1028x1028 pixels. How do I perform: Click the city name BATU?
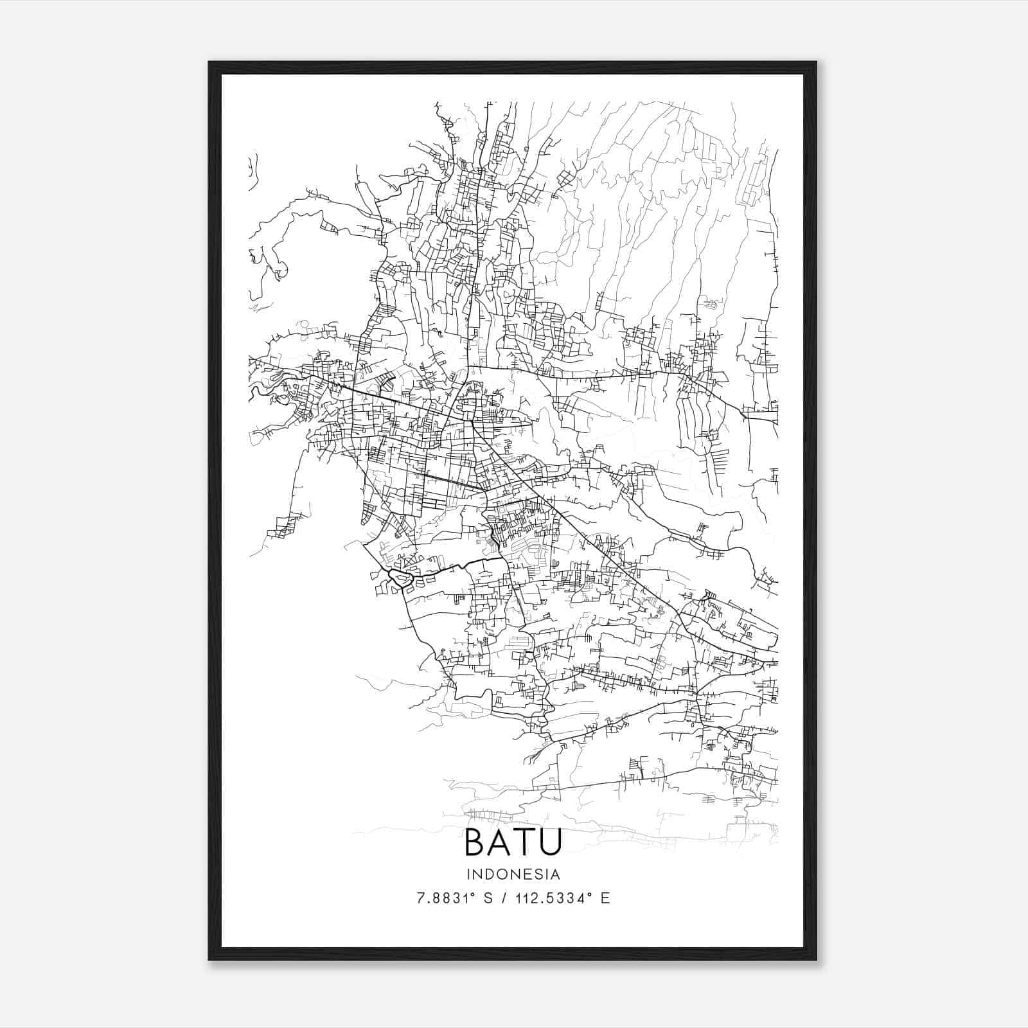coord(513,842)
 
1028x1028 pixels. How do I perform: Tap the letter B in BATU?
coord(476,842)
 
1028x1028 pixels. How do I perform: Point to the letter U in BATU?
coord(549,842)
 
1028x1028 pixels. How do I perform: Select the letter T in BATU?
coord(524,842)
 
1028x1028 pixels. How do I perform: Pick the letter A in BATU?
coord(501,842)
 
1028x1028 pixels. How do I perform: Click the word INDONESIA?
coord(513,874)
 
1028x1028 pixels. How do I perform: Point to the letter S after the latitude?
coord(488,898)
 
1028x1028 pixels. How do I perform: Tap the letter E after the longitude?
coord(605,898)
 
